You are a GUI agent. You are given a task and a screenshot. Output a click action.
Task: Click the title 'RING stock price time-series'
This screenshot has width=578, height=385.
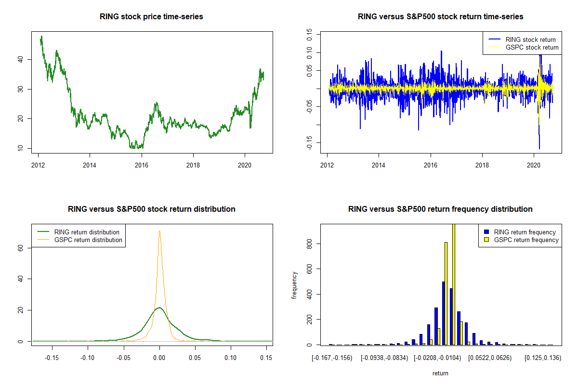click(151, 17)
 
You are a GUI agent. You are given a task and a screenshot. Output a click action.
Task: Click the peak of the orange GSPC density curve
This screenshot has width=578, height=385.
click(159, 231)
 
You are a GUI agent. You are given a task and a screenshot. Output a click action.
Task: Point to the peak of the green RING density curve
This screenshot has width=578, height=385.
click(159, 308)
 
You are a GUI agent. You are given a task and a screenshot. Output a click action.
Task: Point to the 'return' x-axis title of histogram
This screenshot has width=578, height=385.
click(440, 373)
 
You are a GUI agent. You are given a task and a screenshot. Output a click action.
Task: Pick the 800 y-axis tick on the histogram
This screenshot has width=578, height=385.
click(309, 244)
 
